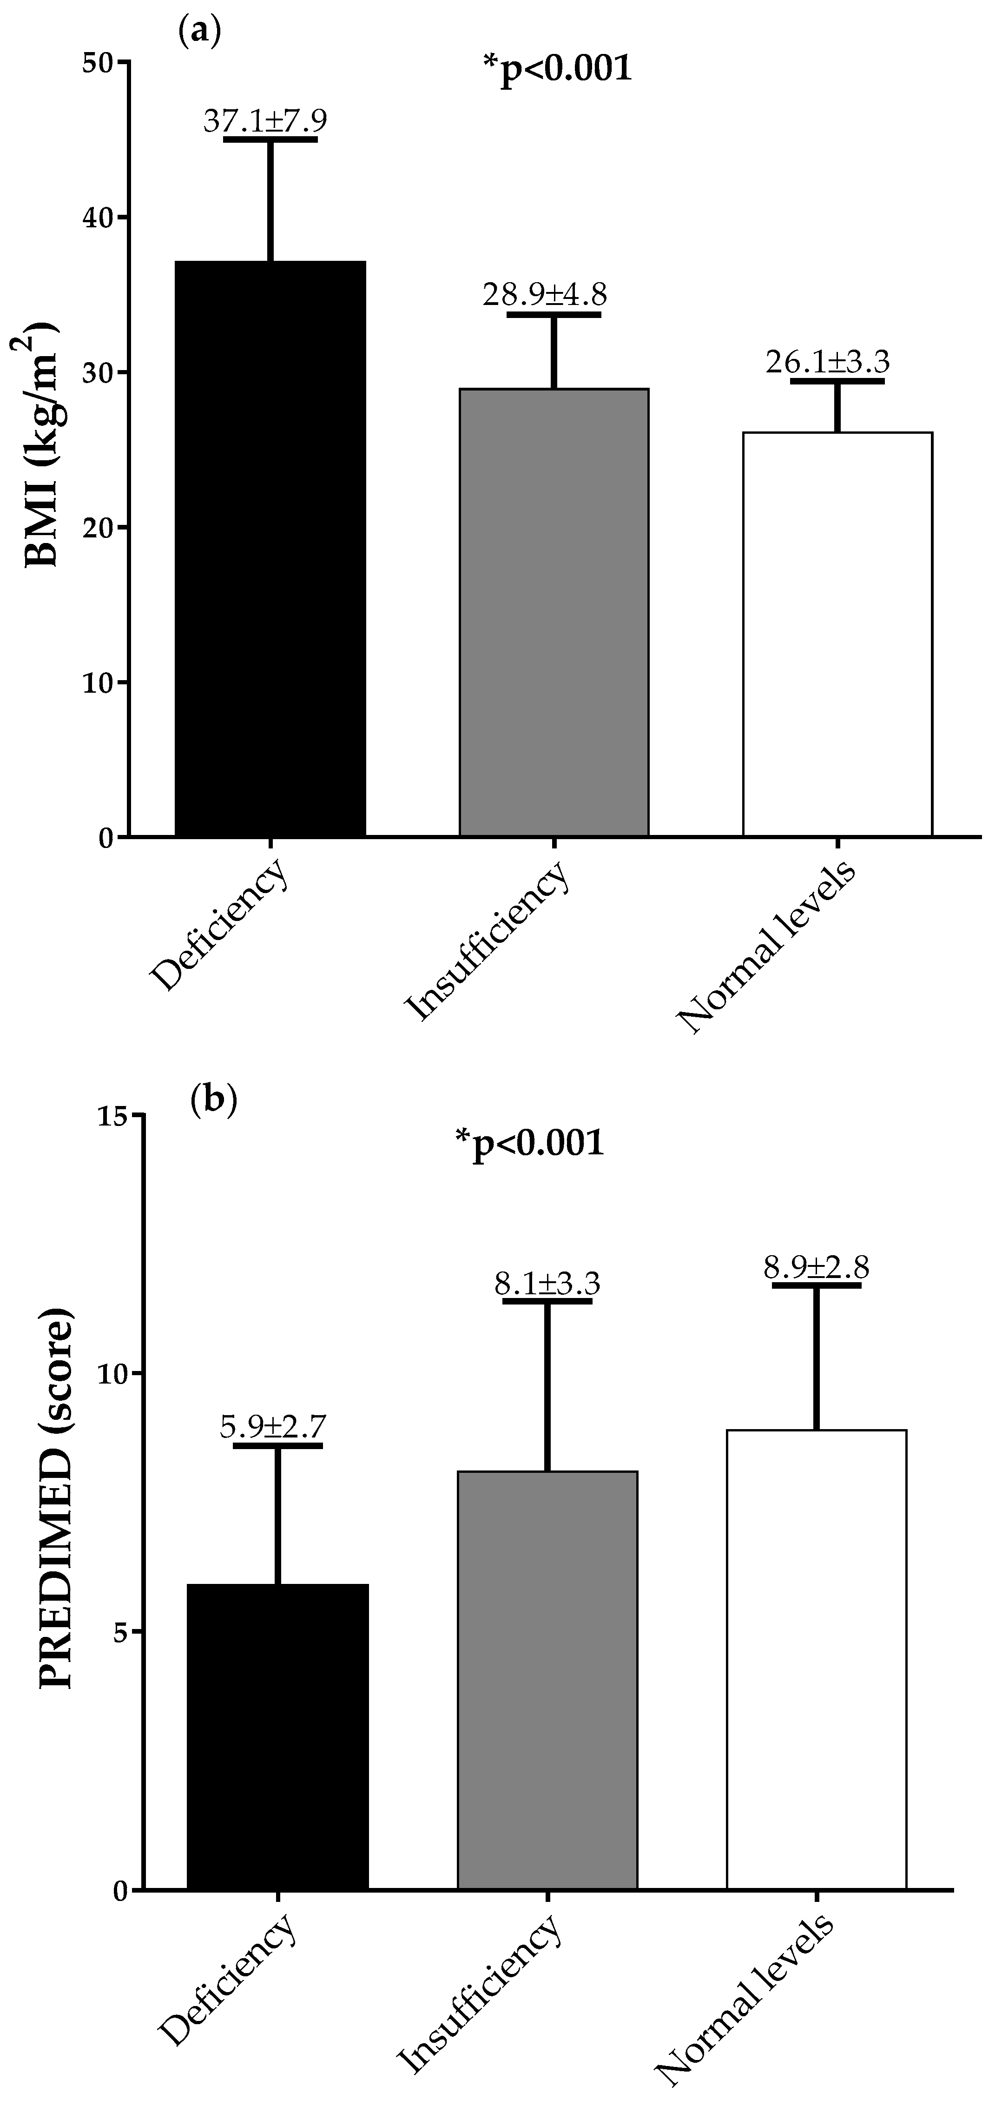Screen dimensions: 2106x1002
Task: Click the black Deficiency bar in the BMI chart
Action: [270, 548]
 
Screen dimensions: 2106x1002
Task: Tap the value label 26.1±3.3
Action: [827, 361]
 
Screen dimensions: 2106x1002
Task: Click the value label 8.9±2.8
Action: [816, 1268]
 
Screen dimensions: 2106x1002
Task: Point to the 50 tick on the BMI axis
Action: [100, 62]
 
